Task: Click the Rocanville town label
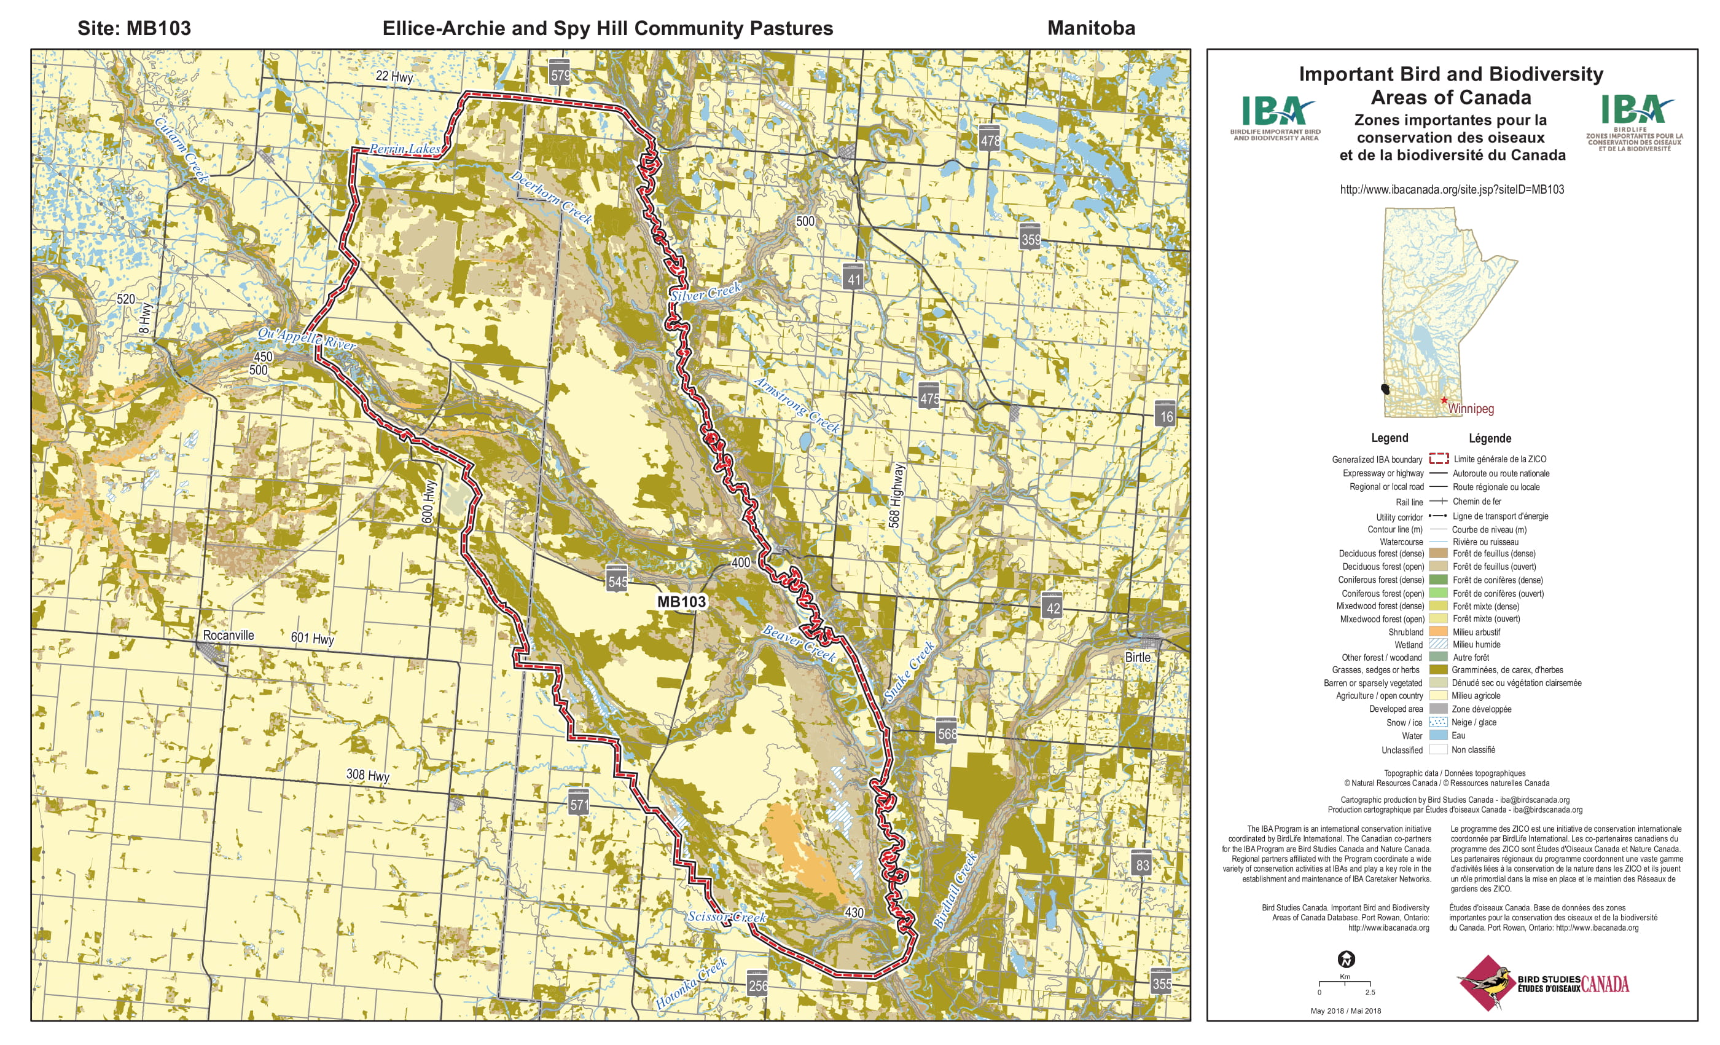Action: click(x=229, y=635)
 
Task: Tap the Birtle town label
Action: click(x=1137, y=657)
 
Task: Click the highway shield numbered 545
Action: click(x=617, y=580)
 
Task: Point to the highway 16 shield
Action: click(x=1166, y=416)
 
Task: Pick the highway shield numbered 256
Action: click(x=757, y=985)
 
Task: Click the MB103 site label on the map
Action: click(x=681, y=601)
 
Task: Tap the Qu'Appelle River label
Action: click(x=307, y=338)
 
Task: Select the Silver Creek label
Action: click(x=706, y=292)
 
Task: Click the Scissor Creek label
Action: click(x=726, y=917)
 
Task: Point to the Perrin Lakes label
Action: click(x=405, y=149)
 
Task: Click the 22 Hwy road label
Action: click(x=394, y=76)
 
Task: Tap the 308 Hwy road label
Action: click(x=367, y=775)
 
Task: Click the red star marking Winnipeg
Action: click(x=1444, y=400)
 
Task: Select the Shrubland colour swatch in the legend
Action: click(x=1438, y=631)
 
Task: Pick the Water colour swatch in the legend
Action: click(x=1438, y=736)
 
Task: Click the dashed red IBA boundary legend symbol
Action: click(x=1438, y=459)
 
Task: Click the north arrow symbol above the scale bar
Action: click(x=1346, y=959)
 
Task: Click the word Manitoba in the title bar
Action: click(x=1090, y=28)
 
